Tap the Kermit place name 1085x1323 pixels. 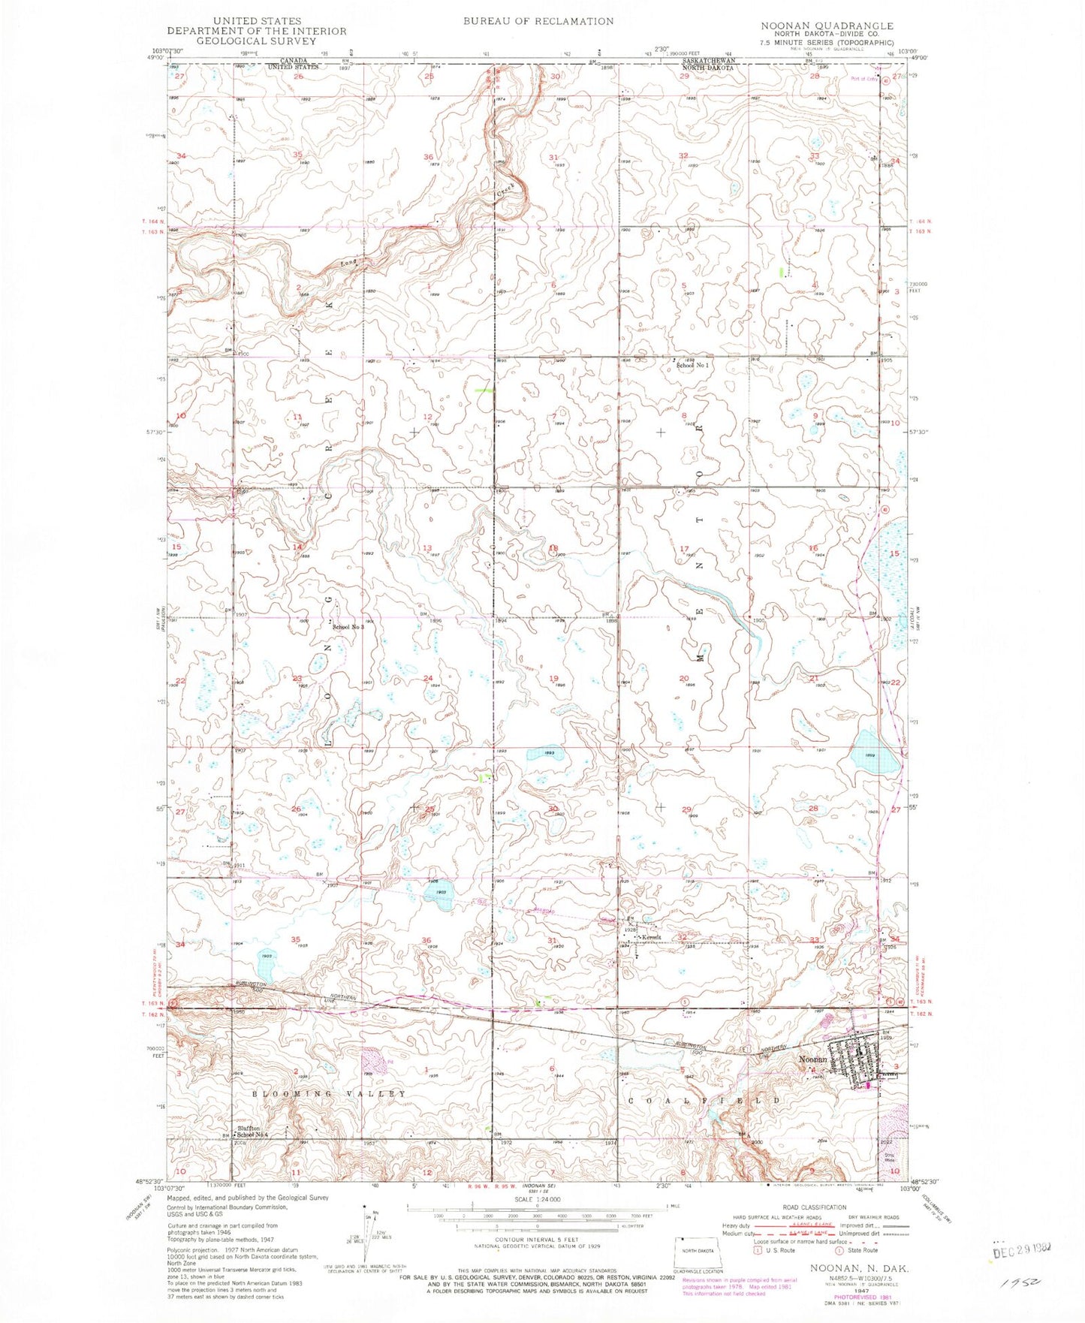pyautogui.click(x=649, y=938)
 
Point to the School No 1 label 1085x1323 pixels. pyautogui.click(x=692, y=366)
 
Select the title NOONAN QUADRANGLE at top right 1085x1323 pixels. pyautogui.click(x=827, y=26)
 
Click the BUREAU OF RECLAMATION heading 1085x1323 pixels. pyautogui.click(x=538, y=21)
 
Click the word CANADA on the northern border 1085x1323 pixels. pyautogui.click(x=294, y=60)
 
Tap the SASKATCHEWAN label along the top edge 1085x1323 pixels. pyautogui.click(x=708, y=60)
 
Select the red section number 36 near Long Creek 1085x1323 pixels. pyautogui.click(x=429, y=157)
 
